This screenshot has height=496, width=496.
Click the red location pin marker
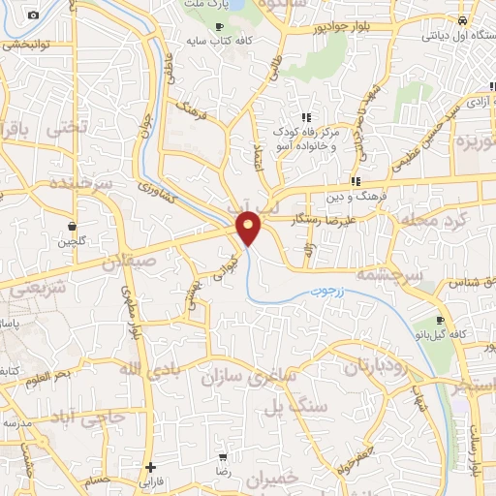(x=249, y=228)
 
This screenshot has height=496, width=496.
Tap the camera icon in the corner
(x=34, y=15)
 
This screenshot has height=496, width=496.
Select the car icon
(x=462, y=20)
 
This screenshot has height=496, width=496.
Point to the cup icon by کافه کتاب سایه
(x=219, y=25)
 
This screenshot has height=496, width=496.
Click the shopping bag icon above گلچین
(x=72, y=224)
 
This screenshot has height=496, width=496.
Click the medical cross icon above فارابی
(x=150, y=467)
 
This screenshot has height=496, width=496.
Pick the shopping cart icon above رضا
(x=224, y=456)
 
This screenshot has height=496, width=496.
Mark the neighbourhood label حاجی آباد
(x=89, y=418)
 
